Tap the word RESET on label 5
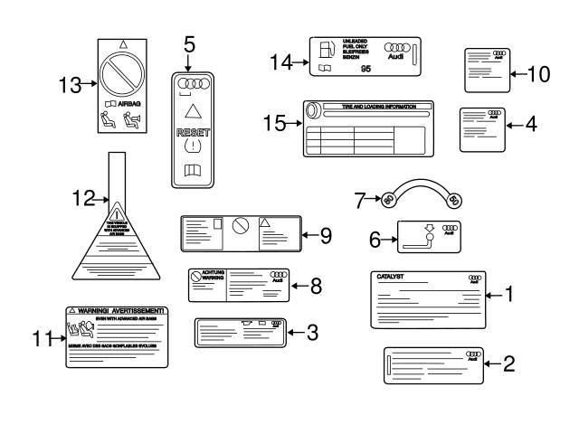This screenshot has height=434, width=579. [x=191, y=132]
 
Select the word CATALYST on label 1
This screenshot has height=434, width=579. [x=391, y=276]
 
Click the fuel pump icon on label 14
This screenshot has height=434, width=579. [x=325, y=49]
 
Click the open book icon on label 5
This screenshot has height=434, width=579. [x=191, y=168]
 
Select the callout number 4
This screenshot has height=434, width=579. [x=531, y=124]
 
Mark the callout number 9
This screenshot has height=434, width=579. [x=326, y=235]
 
